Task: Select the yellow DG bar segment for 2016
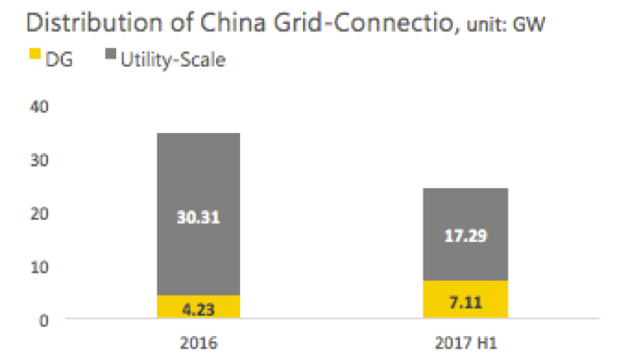[198, 307]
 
